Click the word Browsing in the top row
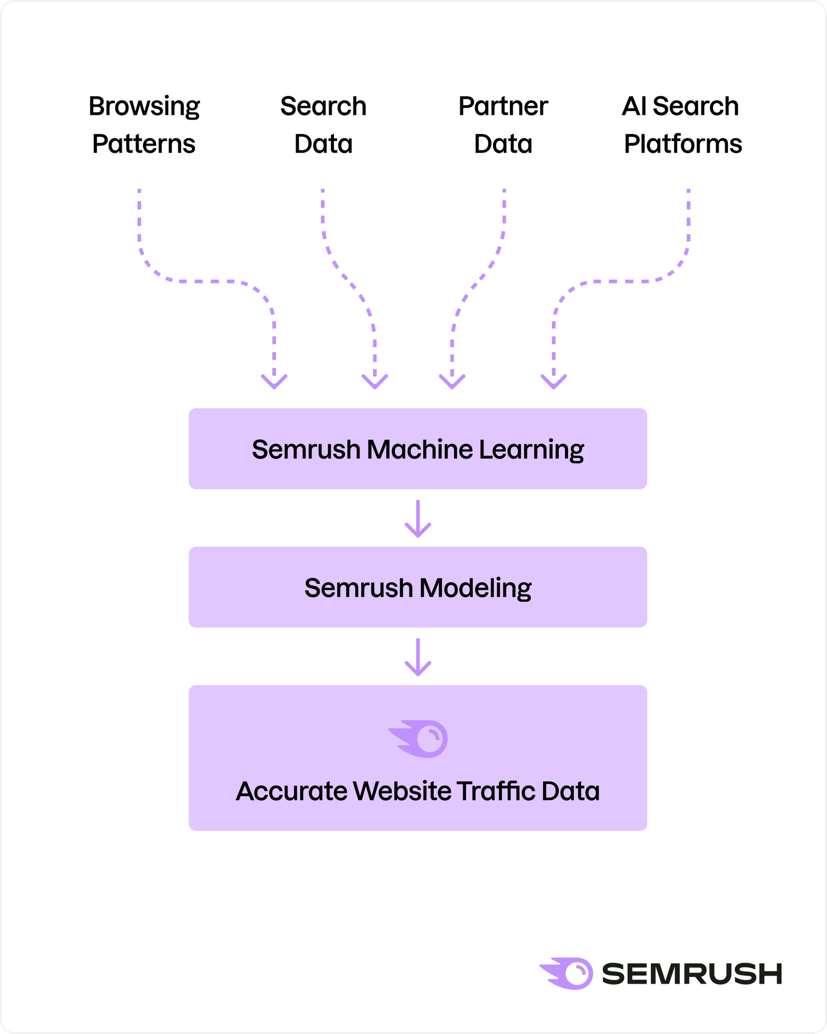coord(144,107)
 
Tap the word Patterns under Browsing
coord(144,144)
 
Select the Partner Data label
coord(503,125)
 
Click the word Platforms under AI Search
coord(682,144)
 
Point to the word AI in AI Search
coord(634,107)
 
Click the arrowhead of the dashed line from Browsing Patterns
coord(274,382)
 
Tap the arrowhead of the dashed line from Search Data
coord(375,382)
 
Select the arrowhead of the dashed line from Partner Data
coord(452,382)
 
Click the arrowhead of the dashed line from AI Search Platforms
coord(554,382)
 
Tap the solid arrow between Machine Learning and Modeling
coord(418,519)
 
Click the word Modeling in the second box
coord(475,588)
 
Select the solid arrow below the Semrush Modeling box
coord(418,657)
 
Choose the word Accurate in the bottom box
coord(292,791)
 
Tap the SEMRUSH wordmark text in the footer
coord(692,974)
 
